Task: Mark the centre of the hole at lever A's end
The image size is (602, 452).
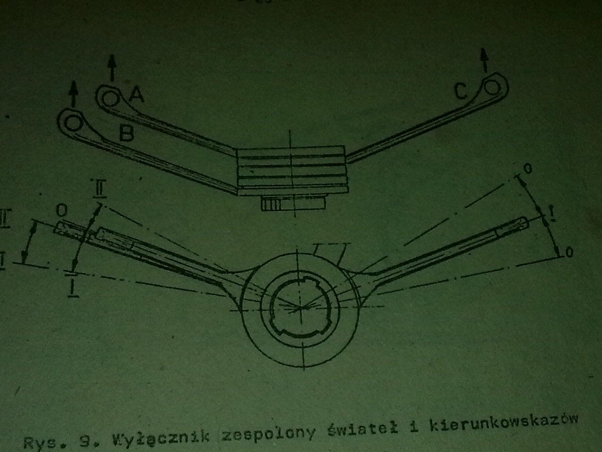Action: pos(110,99)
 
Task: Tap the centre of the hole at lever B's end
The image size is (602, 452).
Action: pos(72,123)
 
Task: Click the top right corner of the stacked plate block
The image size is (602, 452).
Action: pos(344,146)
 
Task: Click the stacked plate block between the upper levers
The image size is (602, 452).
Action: pos(292,170)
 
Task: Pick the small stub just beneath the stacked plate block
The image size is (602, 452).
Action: pos(293,203)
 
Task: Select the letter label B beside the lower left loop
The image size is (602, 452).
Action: pos(127,133)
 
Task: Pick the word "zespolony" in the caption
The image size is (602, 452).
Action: pos(268,436)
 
